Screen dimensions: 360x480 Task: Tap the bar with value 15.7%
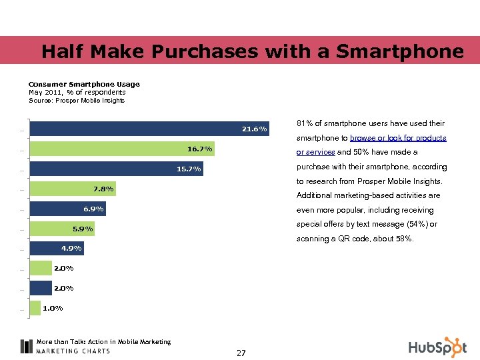click(x=117, y=169)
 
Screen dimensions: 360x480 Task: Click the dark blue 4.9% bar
click(x=57, y=248)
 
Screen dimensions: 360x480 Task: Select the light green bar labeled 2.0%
click(x=41, y=268)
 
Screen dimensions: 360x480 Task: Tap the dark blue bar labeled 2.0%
click(x=41, y=288)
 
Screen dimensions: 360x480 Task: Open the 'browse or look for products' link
click(x=398, y=138)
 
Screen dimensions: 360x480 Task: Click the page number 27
click(x=241, y=353)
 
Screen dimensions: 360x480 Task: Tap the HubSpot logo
click(x=437, y=347)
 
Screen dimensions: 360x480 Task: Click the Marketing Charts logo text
click(x=73, y=351)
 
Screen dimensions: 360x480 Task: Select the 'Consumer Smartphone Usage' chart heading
click(x=84, y=84)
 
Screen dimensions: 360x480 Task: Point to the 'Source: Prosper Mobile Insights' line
click(x=76, y=101)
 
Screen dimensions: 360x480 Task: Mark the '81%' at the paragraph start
click(x=303, y=124)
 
